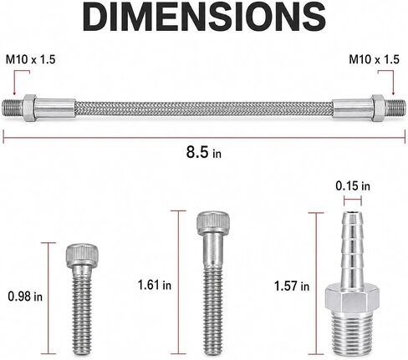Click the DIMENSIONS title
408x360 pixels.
click(204, 16)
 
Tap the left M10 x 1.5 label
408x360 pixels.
click(31, 60)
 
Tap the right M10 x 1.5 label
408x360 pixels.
click(374, 59)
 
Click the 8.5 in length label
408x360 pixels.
click(204, 152)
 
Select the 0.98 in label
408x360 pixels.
click(25, 297)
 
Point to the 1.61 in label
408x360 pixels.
click(155, 285)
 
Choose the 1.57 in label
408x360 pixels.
click(292, 286)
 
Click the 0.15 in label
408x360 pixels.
click(353, 186)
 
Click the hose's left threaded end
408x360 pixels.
click(13, 108)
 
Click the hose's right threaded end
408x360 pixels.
click(395, 108)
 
